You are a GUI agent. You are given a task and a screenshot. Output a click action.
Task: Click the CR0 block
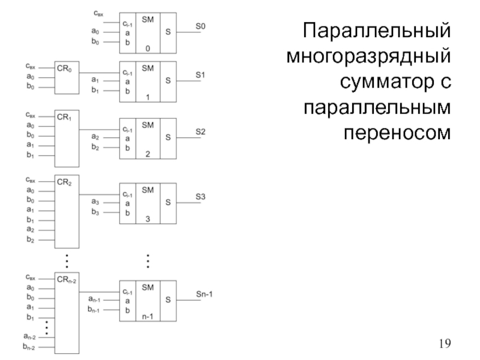[67, 77]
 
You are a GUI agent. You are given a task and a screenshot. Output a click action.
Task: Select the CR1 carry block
[67, 138]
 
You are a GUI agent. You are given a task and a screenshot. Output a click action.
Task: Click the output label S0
[200, 27]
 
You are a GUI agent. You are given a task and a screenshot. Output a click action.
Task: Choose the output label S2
[200, 132]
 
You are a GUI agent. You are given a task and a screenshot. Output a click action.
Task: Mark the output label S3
[200, 196]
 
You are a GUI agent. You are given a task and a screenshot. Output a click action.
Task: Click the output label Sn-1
[205, 294]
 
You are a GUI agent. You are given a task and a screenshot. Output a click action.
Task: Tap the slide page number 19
[445, 343]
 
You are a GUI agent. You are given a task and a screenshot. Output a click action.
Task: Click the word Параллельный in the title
[376, 30]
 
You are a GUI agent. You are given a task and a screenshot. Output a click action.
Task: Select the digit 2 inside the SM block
[148, 154]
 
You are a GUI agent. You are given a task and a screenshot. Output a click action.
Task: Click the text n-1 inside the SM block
[148, 316]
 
